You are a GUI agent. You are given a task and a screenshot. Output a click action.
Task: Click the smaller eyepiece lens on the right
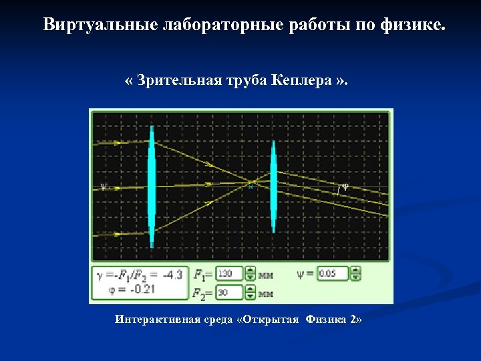coord(273,187)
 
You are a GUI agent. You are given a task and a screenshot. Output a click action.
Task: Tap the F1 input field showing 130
coord(228,273)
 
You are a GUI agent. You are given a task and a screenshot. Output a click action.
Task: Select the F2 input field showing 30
coord(228,291)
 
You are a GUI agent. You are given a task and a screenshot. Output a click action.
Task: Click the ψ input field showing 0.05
coord(333,273)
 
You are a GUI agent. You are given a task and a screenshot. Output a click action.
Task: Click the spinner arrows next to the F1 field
coord(251,273)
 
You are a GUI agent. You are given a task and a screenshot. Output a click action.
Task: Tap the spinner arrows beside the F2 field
coord(251,291)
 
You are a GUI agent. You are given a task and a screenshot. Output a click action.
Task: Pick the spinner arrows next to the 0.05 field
coord(355,273)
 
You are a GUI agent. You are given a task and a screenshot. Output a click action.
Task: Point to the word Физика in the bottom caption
coord(327,320)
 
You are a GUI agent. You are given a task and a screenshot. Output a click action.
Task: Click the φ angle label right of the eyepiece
coord(345,187)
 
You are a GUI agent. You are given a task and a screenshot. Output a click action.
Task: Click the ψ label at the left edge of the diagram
coord(103,187)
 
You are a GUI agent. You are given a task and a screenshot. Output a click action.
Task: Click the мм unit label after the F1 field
coord(266,274)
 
